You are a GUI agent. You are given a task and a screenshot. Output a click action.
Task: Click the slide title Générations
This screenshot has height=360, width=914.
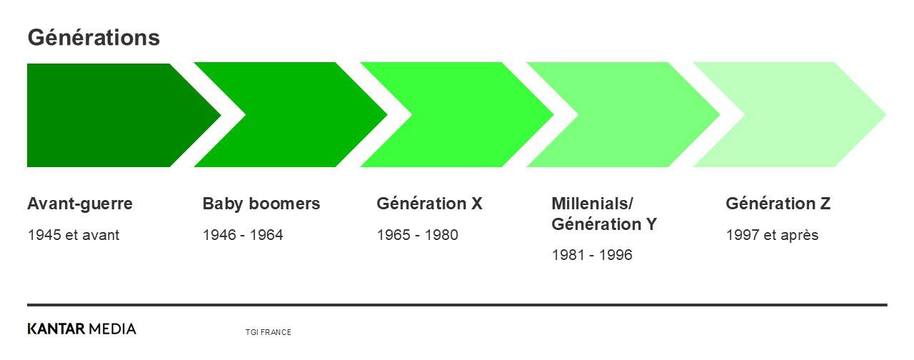click(94, 38)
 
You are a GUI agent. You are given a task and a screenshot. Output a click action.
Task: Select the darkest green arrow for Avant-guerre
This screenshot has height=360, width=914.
click(114, 115)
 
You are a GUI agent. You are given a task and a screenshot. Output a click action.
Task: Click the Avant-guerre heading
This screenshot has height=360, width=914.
click(80, 204)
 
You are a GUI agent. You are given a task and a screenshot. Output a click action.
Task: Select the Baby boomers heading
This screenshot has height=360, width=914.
click(261, 204)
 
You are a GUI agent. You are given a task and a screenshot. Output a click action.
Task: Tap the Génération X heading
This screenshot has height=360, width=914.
click(429, 204)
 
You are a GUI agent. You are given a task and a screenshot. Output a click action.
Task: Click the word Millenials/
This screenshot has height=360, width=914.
click(592, 204)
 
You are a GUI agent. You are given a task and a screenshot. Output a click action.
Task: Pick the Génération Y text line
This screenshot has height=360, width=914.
click(604, 224)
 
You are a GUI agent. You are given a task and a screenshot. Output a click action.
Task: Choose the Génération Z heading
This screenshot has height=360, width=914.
click(778, 204)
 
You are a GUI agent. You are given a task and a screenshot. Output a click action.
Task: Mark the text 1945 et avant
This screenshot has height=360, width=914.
click(74, 235)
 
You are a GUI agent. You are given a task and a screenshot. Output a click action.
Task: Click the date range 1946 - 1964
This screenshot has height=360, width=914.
click(243, 235)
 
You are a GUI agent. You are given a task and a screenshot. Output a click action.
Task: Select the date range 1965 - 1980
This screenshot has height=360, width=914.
click(418, 235)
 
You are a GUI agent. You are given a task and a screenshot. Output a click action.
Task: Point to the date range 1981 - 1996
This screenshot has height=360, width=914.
click(592, 255)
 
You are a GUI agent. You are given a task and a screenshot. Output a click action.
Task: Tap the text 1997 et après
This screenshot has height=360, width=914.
click(772, 235)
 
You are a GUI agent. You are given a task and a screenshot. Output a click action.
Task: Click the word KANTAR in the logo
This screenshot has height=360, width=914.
click(56, 329)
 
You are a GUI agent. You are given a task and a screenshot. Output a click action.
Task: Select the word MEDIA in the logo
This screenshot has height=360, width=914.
click(112, 329)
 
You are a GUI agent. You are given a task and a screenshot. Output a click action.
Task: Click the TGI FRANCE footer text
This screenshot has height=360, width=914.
click(268, 332)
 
